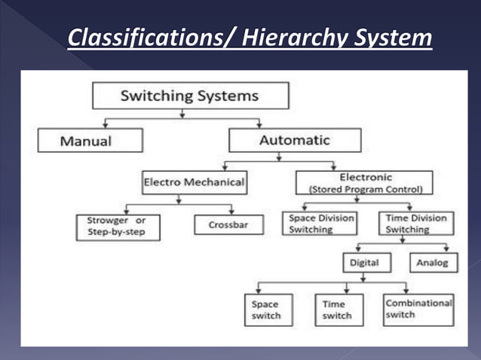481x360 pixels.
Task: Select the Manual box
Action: click(x=90, y=140)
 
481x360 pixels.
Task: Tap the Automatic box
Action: click(x=294, y=140)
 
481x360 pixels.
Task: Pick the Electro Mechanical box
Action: click(x=193, y=182)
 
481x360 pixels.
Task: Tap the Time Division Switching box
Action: click(x=416, y=224)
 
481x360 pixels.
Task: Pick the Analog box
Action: click(x=432, y=263)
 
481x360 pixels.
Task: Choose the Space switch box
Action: click(x=265, y=310)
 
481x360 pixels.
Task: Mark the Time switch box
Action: click(x=339, y=310)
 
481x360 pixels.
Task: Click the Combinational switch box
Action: click(x=418, y=309)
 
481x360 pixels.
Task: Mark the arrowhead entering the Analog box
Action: click(x=446, y=249)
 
